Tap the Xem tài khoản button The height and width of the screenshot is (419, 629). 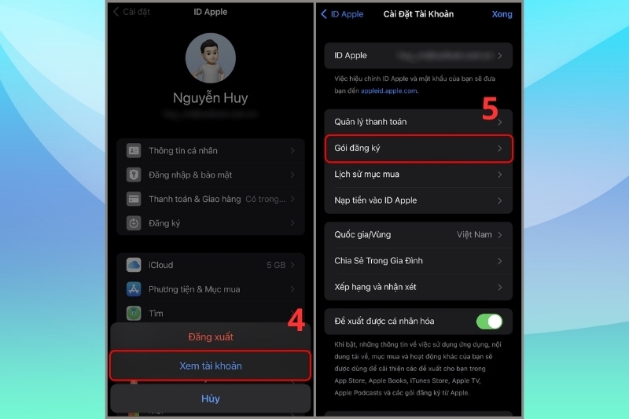[x=210, y=366]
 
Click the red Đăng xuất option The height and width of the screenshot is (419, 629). [x=210, y=336]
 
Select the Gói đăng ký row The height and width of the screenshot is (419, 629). [x=418, y=148]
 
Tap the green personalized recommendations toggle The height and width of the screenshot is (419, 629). [x=488, y=321]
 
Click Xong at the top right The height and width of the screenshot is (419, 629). [x=501, y=14]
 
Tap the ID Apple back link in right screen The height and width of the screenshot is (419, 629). [x=341, y=14]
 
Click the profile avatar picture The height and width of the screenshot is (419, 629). [x=210, y=58]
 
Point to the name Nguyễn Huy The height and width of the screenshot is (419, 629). [x=210, y=98]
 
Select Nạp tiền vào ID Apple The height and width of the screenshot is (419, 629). [x=375, y=200]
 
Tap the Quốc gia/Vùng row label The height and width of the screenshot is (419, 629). [x=362, y=234]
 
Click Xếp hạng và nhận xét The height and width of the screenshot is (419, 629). [x=375, y=287]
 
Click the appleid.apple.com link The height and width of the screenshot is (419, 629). [x=388, y=91]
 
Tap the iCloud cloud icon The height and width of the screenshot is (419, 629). [x=134, y=265]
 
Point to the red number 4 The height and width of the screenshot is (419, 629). [x=295, y=321]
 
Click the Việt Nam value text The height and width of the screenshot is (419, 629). [x=474, y=234]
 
